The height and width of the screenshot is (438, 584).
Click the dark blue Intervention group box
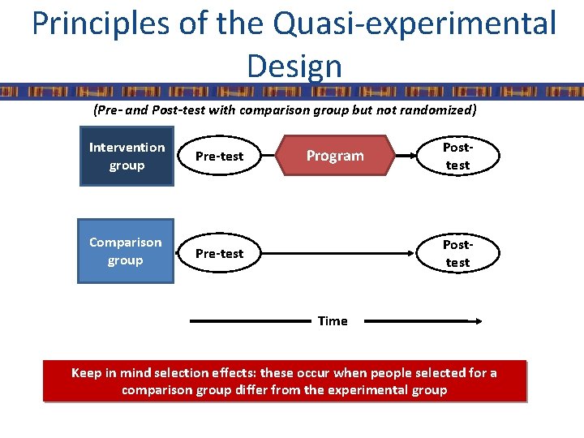[x=127, y=157]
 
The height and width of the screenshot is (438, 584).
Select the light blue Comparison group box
[x=126, y=251]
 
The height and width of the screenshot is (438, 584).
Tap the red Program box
[x=335, y=156]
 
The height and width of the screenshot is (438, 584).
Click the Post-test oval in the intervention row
[x=457, y=156]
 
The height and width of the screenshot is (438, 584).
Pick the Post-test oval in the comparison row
[x=457, y=253]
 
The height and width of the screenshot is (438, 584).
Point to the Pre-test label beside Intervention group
[x=219, y=156]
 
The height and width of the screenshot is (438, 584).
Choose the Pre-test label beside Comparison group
[x=219, y=253]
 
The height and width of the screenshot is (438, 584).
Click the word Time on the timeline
[x=333, y=321]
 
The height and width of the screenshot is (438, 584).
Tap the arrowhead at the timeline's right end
[x=479, y=321]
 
